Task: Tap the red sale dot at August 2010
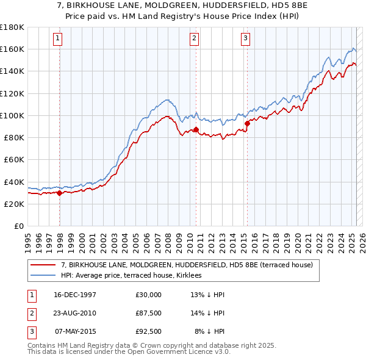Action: click(196, 129)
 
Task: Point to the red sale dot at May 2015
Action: click(247, 124)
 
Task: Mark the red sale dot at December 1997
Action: click(60, 193)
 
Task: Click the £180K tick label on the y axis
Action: click(12, 27)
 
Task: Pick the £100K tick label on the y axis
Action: click(12, 115)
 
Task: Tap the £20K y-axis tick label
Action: click(14, 204)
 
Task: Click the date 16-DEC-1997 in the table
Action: click(76, 295)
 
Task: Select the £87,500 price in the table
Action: click(149, 313)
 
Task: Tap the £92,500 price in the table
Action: click(149, 331)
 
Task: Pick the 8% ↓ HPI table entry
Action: click(210, 331)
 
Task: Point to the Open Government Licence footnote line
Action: click(129, 352)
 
